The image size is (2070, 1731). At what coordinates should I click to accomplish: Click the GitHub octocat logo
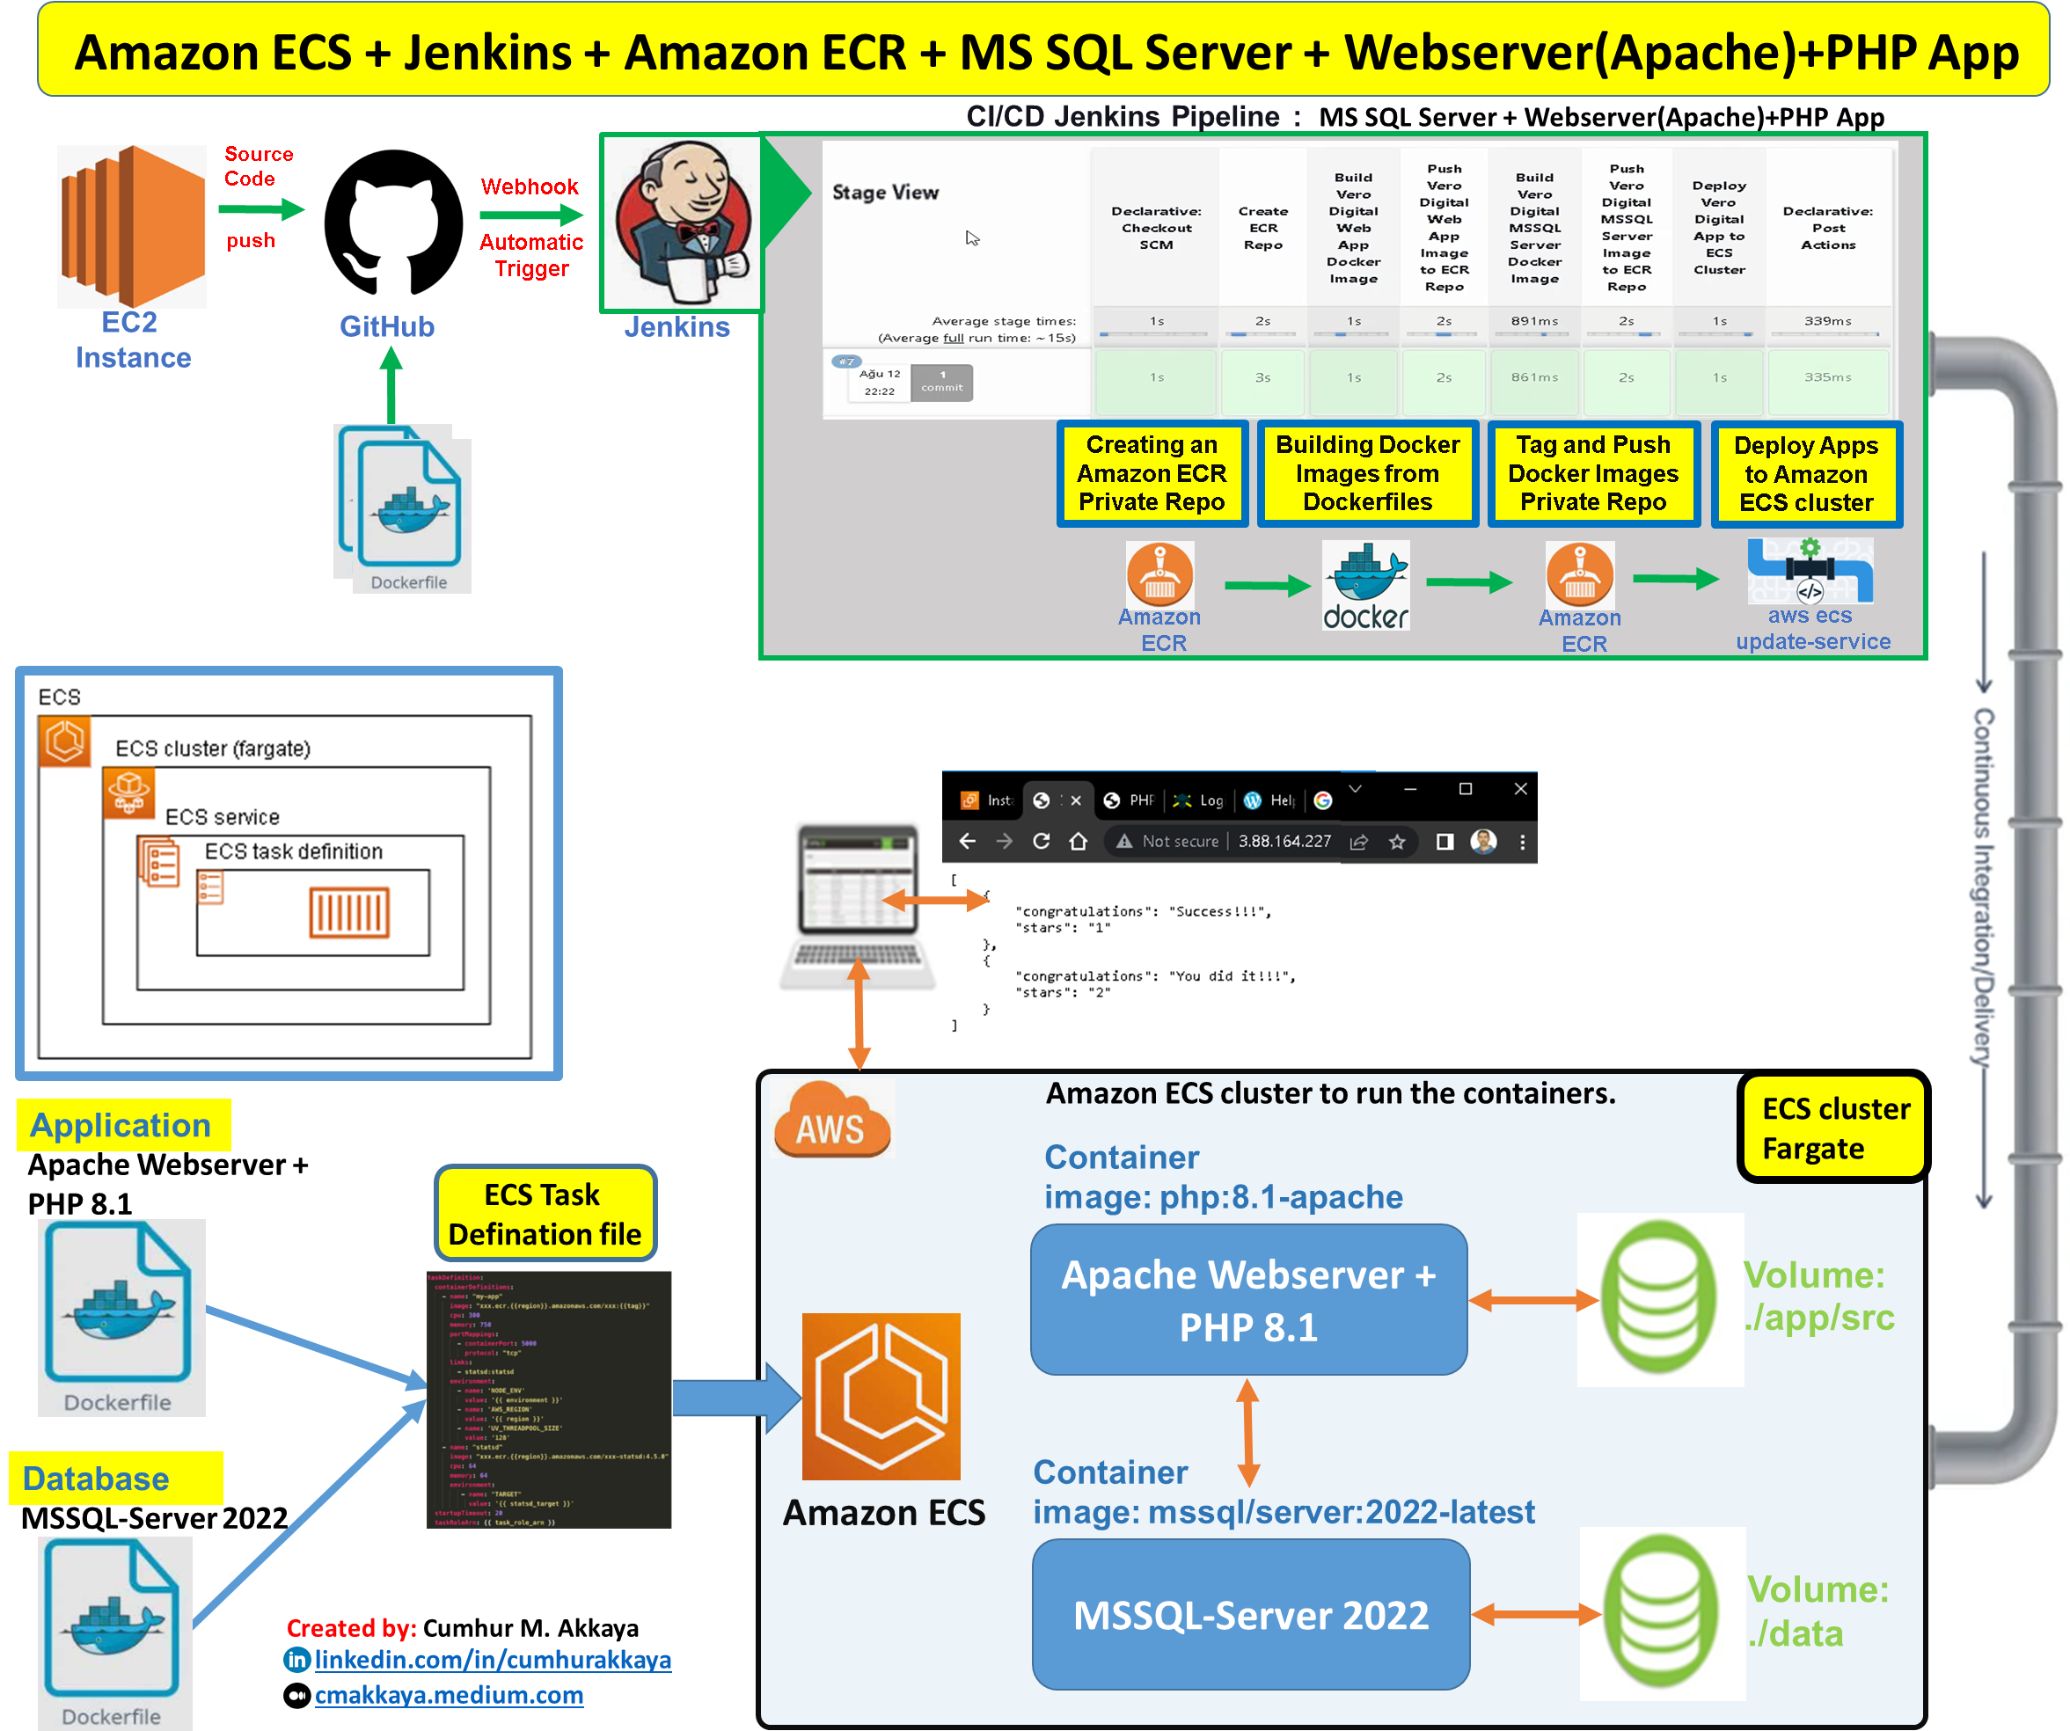point(391,226)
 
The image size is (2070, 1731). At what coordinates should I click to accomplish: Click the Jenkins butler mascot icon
point(680,223)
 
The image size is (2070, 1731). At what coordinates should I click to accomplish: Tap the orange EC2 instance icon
point(132,226)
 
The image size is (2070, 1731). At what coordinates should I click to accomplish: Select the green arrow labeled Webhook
point(531,214)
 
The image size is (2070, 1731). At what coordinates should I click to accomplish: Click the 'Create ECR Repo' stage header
point(1262,228)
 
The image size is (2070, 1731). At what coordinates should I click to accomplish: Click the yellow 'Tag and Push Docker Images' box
point(1592,474)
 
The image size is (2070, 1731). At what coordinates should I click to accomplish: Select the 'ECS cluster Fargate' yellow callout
point(1833,1128)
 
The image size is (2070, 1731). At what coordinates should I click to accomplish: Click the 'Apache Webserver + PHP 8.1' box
point(1248,1300)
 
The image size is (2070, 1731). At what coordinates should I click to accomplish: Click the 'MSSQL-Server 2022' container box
point(1250,1615)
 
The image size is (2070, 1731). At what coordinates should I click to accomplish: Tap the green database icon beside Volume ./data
point(1661,1613)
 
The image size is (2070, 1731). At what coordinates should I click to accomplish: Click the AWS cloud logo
point(831,1120)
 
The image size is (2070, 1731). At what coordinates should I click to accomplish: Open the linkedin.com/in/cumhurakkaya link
point(492,1660)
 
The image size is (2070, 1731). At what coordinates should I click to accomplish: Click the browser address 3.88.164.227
point(1284,842)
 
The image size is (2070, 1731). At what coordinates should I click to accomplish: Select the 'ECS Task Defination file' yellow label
point(545,1215)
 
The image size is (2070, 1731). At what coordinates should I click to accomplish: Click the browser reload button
point(1041,842)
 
